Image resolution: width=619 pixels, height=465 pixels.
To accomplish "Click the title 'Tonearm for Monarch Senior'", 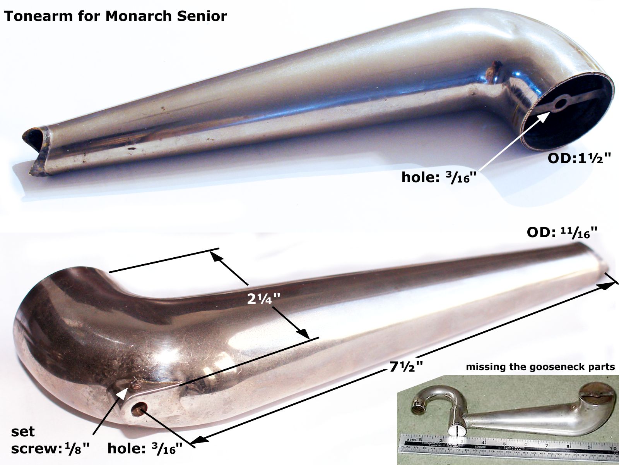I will click(115, 16).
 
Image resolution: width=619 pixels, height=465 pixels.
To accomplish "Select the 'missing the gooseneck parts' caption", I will click(540, 367).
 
